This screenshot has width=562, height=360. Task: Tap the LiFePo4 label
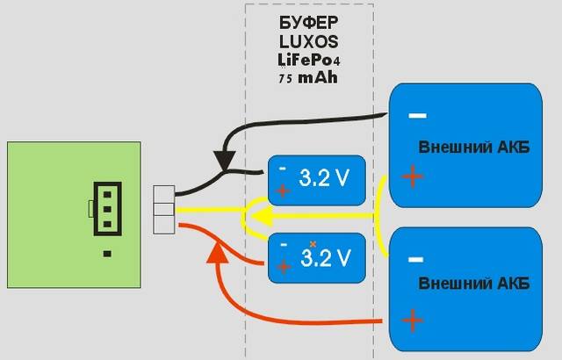(x=306, y=60)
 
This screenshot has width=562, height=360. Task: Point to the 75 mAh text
(x=306, y=78)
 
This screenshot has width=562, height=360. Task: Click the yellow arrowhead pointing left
(x=254, y=213)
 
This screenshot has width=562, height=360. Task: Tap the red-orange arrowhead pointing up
(x=216, y=252)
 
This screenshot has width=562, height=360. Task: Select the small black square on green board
(x=106, y=254)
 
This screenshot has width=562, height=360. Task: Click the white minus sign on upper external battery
(x=417, y=115)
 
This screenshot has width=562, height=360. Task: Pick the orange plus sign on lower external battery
(x=411, y=320)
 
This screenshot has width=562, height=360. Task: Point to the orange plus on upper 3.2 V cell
(x=283, y=190)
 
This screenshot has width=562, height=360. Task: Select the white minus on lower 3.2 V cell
(x=282, y=245)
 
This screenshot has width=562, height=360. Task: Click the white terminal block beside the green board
(x=165, y=210)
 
